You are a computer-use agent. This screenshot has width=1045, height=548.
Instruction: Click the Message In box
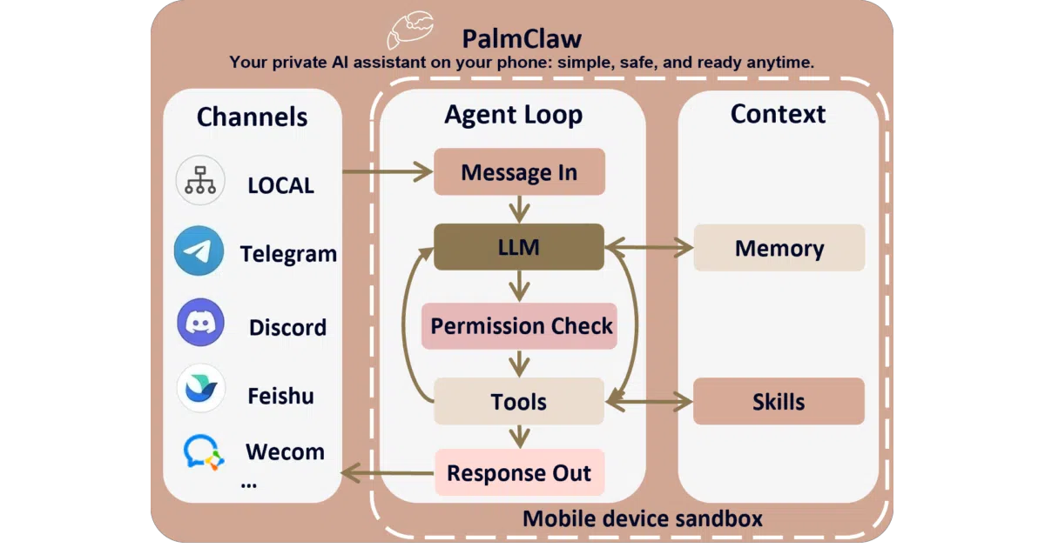519,171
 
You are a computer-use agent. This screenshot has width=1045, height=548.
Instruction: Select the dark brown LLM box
519,247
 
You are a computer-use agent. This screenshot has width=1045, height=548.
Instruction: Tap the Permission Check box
519,325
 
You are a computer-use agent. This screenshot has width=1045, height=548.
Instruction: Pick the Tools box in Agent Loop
519,401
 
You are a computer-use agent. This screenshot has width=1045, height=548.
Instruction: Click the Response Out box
519,472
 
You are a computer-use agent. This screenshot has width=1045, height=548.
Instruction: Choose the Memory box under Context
779,248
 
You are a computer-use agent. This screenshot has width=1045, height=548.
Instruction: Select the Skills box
779,401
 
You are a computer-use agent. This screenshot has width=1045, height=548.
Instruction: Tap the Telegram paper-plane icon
199,251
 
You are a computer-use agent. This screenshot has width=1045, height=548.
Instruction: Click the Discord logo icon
200,323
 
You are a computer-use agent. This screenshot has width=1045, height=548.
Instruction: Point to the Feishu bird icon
201,388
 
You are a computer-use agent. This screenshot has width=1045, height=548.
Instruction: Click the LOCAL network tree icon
200,180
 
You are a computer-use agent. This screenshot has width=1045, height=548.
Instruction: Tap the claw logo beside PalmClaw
410,30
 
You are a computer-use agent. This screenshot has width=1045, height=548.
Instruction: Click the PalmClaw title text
522,38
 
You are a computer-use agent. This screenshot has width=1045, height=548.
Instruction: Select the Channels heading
252,117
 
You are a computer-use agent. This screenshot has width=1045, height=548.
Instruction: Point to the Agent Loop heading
514,115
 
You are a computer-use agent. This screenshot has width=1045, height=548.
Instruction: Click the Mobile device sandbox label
643,518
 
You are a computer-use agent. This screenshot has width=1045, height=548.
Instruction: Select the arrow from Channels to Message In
388,171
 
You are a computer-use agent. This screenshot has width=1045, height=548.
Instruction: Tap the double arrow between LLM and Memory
650,247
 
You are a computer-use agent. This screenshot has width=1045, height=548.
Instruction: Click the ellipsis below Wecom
249,486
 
